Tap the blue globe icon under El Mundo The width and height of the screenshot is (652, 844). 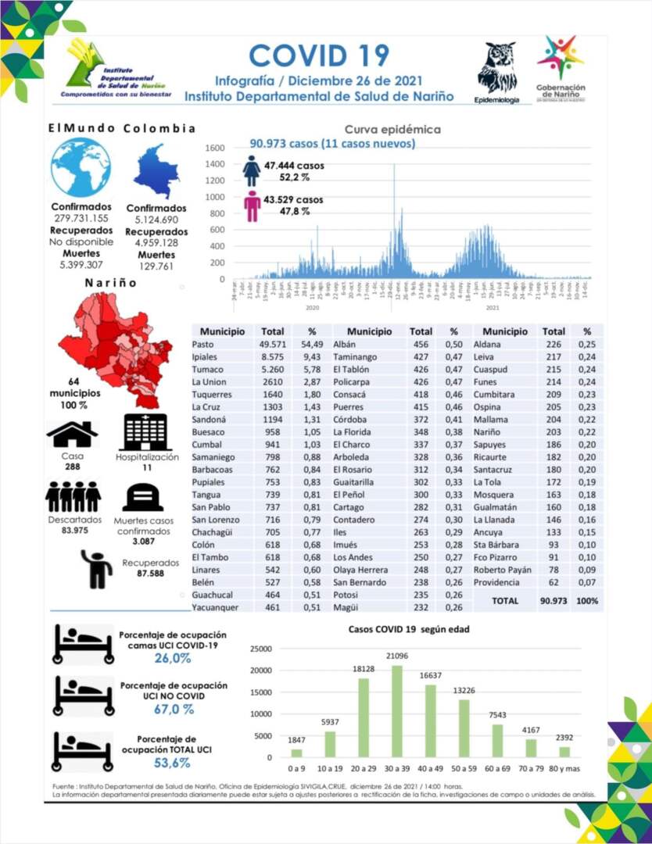(81, 167)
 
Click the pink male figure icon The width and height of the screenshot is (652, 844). (252, 206)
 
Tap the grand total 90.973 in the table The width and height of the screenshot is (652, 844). (553, 601)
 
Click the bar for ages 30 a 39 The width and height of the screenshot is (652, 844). (396, 711)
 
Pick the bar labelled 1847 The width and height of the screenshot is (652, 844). (296, 753)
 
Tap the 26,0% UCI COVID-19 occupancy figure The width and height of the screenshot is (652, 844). (173, 659)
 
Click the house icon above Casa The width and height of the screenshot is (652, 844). (72, 433)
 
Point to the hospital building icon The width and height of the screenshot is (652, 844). (147, 431)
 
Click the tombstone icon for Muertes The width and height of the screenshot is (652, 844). (142, 496)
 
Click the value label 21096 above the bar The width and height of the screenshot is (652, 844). (396, 656)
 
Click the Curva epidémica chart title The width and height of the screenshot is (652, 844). (392, 130)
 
